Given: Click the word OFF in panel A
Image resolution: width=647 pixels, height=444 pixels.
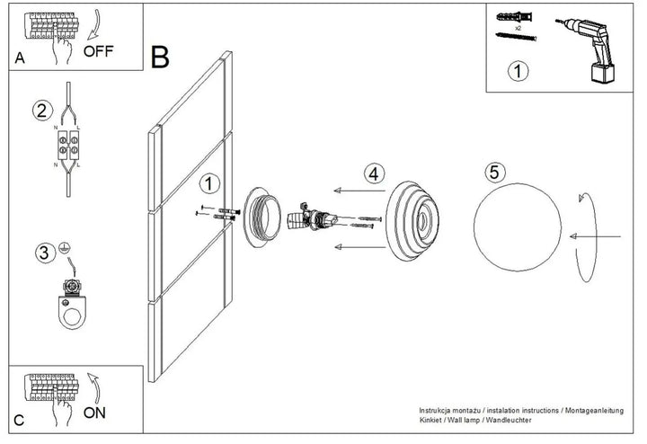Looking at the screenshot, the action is tap(98, 51).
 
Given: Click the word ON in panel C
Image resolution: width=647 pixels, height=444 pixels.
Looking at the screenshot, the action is tap(94, 413).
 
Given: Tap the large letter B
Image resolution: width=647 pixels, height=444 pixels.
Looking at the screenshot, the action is tap(160, 57).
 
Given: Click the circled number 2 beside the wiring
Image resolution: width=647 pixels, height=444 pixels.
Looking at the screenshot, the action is tap(42, 111).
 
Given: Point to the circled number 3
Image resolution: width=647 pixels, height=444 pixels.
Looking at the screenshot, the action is tap(44, 253).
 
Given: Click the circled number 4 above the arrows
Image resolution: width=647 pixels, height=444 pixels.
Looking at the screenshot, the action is tap(374, 173).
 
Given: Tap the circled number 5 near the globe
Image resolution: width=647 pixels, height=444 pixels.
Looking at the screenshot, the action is tap(495, 172).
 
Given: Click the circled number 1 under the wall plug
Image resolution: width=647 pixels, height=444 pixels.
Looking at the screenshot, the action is tap(518, 71).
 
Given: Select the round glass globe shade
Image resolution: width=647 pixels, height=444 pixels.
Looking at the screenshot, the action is tap(518, 227).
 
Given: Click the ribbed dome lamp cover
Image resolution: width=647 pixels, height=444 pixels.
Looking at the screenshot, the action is tap(412, 220).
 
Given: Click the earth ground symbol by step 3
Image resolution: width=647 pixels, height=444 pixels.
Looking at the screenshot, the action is tap(63, 247).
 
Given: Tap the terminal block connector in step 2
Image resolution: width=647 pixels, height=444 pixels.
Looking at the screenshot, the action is tap(68, 146).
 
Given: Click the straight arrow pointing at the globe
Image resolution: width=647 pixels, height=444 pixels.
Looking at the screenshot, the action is tap(595, 236).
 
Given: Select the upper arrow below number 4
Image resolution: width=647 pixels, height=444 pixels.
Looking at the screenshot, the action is tap(359, 191).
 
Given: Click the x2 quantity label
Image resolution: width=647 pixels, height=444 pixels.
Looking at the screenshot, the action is tap(518, 28).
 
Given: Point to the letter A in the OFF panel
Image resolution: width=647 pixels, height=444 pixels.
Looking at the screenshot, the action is tap(20, 58).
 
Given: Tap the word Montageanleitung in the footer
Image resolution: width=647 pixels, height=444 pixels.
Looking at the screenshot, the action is tap(594, 411).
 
